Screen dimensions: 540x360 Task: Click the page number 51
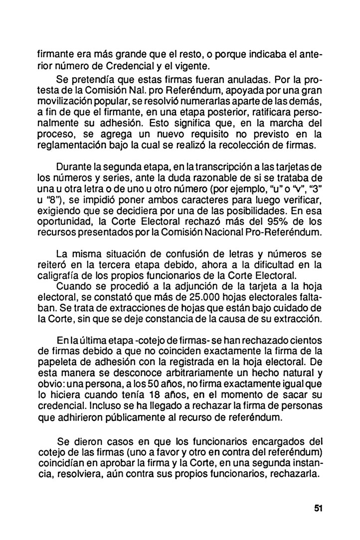(x=319, y=508)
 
